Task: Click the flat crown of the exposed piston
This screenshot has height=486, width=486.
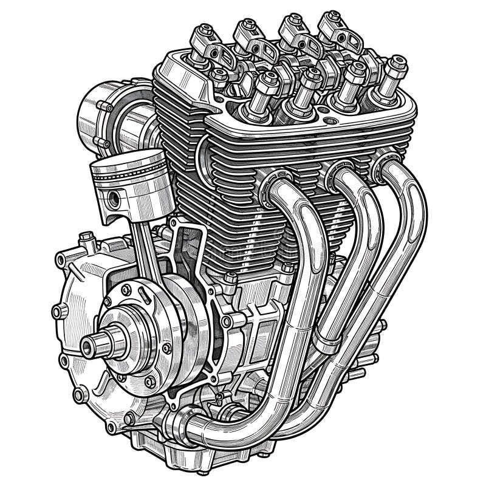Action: [129, 159]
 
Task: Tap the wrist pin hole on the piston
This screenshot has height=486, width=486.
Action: [114, 197]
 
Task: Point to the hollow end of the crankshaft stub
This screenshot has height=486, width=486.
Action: [85, 347]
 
